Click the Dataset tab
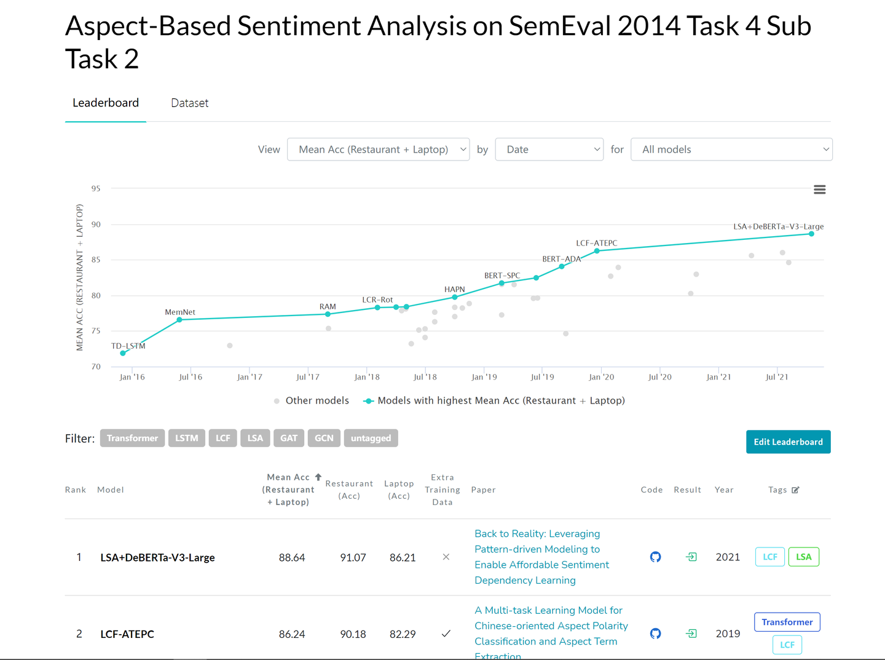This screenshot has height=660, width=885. (189, 103)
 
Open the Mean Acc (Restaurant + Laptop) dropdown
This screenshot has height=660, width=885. (378, 149)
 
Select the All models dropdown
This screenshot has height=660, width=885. (731, 149)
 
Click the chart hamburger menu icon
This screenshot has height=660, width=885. (819, 189)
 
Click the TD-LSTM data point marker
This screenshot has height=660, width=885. (123, 353)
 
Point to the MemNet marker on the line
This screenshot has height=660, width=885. (179, 320)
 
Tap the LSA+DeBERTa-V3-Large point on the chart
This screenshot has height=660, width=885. (811, 234)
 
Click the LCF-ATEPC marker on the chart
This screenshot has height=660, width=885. (597, 251)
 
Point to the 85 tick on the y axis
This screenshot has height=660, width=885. (96, 260)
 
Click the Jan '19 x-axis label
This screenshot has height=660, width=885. (484, 377)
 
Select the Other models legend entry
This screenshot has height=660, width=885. (312, 401)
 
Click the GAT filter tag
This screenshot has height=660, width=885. (289, 438)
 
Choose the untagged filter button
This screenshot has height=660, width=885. (371, 438)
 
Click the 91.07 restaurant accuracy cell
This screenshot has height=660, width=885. (353, 558)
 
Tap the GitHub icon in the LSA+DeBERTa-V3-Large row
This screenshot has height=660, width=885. (655, 557)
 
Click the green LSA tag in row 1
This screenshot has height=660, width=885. (803, 557)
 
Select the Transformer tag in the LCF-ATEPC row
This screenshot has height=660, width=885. (787, 622)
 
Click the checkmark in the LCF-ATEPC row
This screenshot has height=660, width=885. (446, 634)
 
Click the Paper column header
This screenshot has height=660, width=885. (483, 490)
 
